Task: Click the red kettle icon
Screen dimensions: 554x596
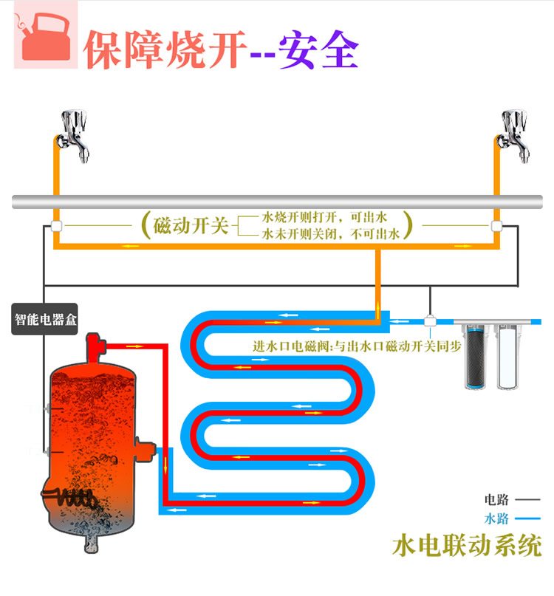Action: point(46,36)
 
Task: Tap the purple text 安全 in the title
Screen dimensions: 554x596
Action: point(318,49)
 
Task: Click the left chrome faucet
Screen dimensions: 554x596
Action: point(73,136)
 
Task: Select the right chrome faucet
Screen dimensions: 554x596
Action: point(513,136)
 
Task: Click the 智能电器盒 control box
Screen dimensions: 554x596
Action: point(44,319)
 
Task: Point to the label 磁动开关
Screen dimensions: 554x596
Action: point(191,225)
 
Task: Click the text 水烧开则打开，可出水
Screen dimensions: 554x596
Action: point(324,217)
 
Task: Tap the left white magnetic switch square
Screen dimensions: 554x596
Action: point(56,226)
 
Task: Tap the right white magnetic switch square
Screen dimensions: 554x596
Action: point(496,226)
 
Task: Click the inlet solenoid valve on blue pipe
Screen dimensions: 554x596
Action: point(430,321)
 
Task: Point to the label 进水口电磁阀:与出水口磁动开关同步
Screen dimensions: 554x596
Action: point(357,346)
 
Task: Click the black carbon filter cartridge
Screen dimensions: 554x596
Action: point(475,357)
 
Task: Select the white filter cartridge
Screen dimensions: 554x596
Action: point(507,357)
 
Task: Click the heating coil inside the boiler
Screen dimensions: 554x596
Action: point(69,497)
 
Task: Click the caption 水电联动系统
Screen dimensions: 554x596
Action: point(467,546)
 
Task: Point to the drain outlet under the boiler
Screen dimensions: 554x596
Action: point(92,542)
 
